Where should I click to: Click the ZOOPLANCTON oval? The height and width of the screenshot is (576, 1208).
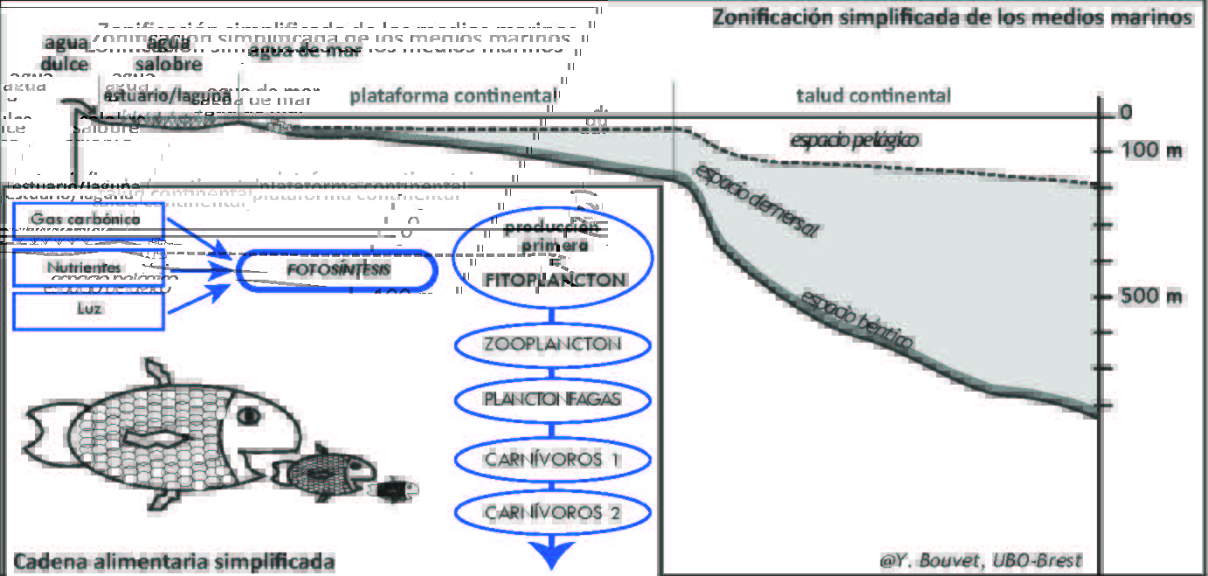[552, 344]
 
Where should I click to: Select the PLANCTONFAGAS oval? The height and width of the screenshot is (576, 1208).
[552, 399]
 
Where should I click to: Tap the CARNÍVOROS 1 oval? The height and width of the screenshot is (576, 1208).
[552, 458]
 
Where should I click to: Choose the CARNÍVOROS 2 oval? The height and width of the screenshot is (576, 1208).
[552, 512]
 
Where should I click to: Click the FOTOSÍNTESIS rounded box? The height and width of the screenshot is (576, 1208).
[337, 270]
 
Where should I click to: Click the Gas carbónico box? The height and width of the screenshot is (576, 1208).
[89, 219]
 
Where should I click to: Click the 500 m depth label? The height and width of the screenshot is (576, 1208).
[1151, 295]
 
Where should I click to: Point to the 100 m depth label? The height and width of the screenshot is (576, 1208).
[1151, 151]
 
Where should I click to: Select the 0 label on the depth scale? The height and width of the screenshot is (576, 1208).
[1126, 112]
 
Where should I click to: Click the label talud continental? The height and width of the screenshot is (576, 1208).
[873, 95]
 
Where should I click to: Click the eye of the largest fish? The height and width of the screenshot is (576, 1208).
[249, 413]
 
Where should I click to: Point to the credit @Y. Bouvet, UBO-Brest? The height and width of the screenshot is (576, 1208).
[981, 560]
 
